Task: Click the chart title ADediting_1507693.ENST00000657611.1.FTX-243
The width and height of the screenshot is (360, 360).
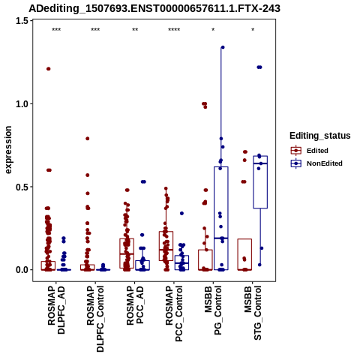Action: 154,8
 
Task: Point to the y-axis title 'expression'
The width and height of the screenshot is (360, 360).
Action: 8,150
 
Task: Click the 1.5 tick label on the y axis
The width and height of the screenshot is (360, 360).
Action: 22,21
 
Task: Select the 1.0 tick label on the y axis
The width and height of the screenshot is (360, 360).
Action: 22,103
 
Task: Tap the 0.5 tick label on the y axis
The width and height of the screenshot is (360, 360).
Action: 22,187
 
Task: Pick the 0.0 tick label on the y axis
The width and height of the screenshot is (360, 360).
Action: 22,270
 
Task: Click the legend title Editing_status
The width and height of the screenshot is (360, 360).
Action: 320,136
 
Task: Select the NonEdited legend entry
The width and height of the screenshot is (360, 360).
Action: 316,163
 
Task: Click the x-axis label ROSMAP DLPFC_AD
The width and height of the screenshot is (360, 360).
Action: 56,310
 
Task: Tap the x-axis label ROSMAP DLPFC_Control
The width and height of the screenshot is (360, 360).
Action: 95,319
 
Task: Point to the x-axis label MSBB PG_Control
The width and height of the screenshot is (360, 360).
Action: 213,310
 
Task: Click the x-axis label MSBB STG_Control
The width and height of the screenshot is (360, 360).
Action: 253,313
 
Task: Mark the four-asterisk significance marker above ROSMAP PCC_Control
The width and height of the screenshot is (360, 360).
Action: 174,30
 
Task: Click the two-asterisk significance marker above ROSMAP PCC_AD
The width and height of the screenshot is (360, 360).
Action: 135,30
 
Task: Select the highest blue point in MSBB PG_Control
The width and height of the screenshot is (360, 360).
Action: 223,47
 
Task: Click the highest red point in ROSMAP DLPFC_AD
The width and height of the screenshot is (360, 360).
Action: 49,69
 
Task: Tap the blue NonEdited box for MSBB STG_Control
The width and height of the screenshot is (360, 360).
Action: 260,182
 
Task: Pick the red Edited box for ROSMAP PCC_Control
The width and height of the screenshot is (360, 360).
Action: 166,246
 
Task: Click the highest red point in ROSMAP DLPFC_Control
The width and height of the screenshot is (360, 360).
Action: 88,139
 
